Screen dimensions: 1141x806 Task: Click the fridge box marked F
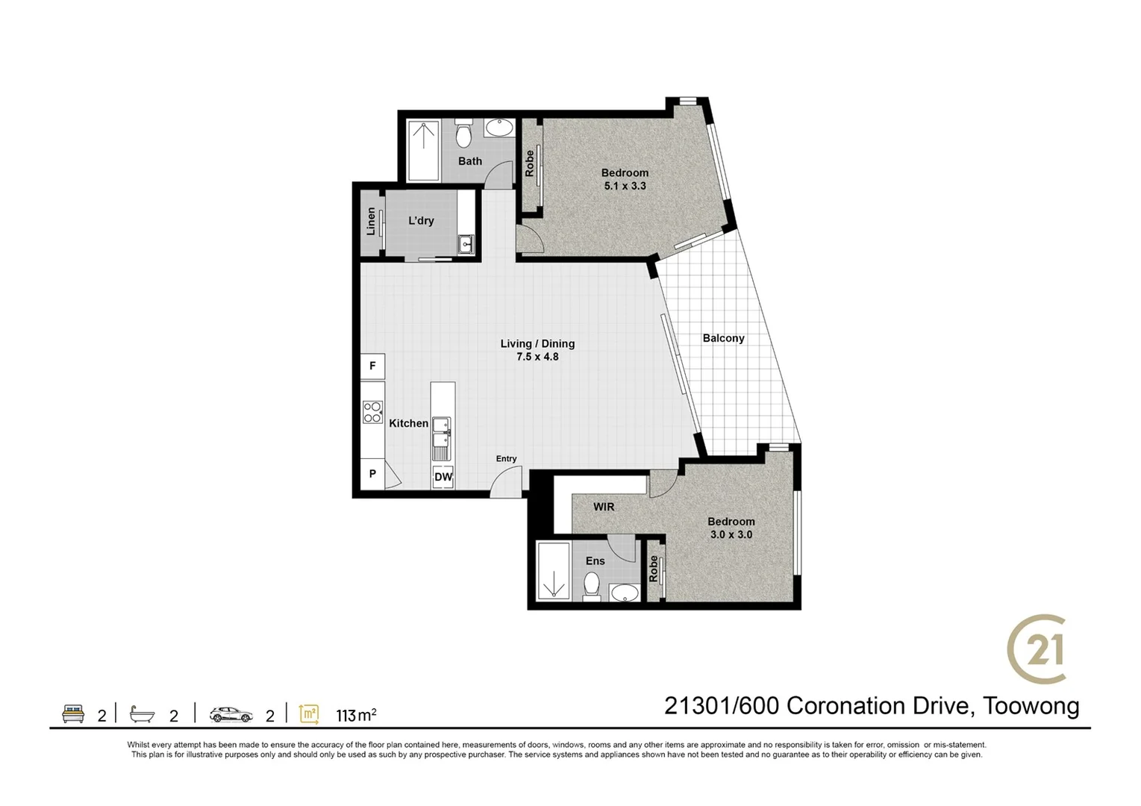[372, 366]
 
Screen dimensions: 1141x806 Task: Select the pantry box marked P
[372, 474]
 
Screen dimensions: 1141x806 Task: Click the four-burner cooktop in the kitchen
[372, 412]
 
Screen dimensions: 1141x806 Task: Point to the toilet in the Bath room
[463, 134]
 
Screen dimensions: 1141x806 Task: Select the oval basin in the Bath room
[500, 128]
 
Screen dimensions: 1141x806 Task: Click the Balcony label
[723, 338]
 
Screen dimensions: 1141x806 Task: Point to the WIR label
[604, 507]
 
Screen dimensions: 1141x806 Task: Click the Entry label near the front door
[506, 458]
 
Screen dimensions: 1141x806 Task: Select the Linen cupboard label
[371, 221]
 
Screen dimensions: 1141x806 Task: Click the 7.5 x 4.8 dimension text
[537, 357]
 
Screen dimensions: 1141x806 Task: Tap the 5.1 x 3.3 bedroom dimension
[625, 186]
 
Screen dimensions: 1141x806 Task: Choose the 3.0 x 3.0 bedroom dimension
[731, 534]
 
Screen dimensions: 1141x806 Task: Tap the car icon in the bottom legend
[231, 714]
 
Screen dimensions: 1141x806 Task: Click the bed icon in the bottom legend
[73, 713]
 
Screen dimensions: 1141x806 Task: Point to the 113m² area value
[356, 715]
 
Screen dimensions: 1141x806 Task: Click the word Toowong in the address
[1031, 706]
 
